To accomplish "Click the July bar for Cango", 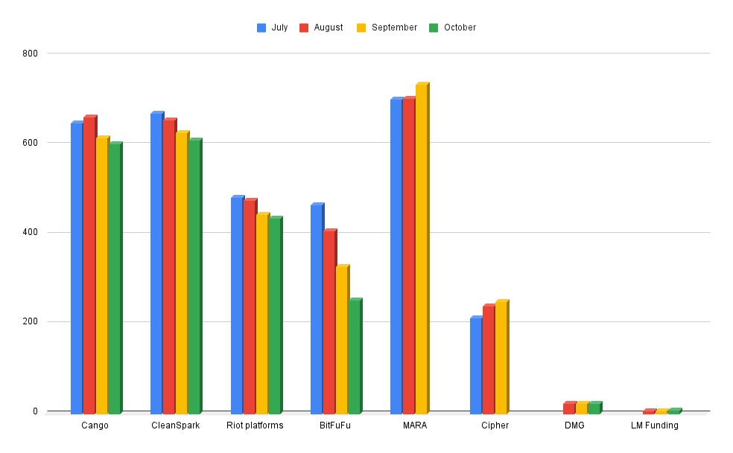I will click(76, 268).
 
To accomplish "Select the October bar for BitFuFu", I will click(355, 357).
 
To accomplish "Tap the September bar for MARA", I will click(421, 248).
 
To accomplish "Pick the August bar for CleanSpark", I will click(168, 266).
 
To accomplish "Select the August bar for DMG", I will click(569, 408).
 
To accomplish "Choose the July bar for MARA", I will click(396, 256).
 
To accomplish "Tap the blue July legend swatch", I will click(261, 28).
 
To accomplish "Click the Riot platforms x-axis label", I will click(255, 425).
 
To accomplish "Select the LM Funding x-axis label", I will click(654, 425).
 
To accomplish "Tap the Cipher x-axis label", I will click(495, 425).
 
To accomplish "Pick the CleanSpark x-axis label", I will click(175, 425).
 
